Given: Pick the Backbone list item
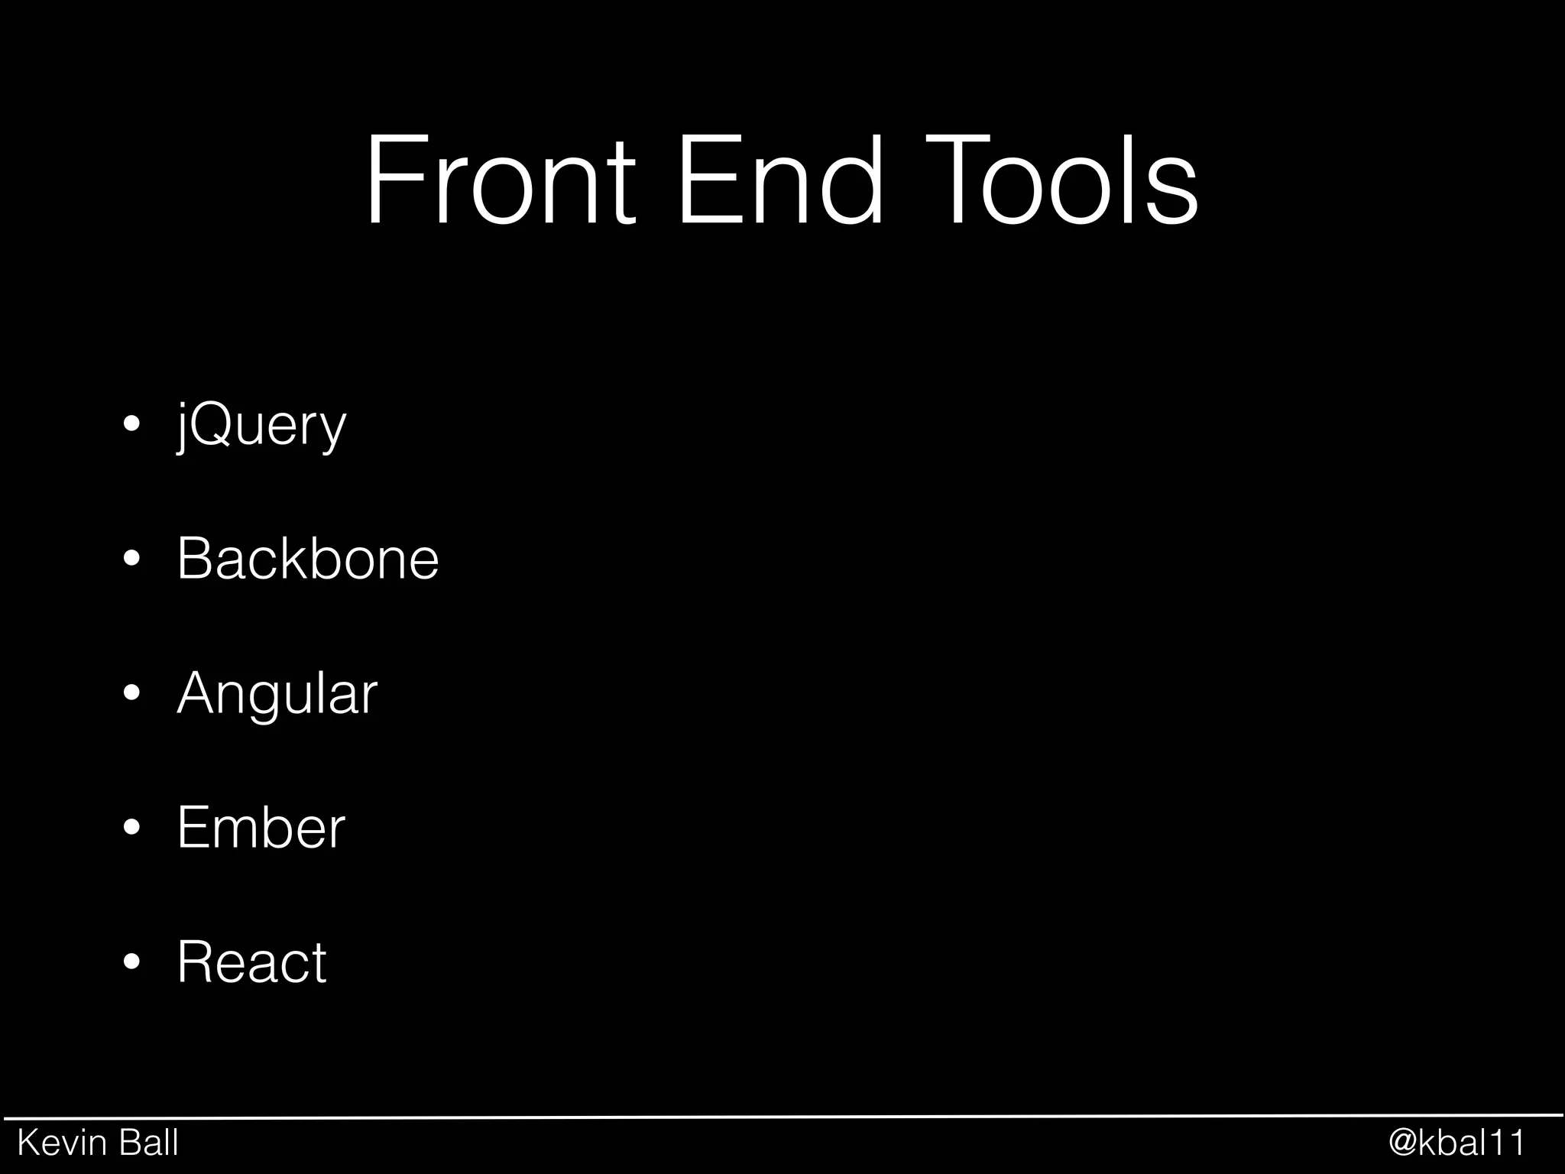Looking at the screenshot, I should click(308, 559).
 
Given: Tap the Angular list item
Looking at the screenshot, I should click(277, 693).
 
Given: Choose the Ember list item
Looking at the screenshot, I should click(261, 827).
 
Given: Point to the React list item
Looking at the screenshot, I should click(252, 962).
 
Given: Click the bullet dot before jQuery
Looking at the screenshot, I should click(131, 425).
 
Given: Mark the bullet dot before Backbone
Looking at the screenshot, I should click(131, 559).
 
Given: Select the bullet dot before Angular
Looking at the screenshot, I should click(131, 693).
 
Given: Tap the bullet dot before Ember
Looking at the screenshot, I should click(131, 828).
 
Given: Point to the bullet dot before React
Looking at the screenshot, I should click(131, 962).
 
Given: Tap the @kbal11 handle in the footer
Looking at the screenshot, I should click(1456, 1143).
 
